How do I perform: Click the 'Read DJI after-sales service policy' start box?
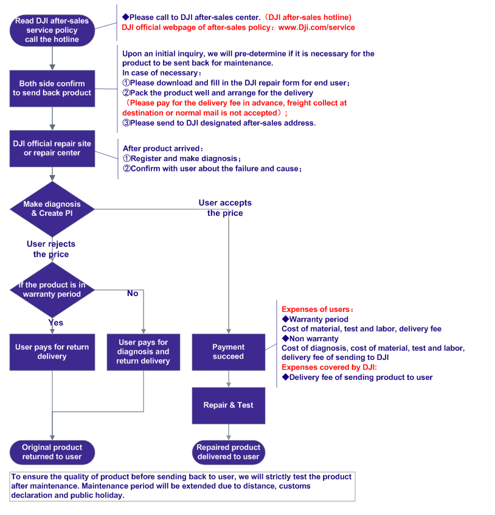52,30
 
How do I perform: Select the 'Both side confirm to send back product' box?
52,88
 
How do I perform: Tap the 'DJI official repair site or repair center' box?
52,148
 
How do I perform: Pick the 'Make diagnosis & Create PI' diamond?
52,209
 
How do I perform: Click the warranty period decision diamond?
52,289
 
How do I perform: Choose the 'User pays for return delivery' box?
52,352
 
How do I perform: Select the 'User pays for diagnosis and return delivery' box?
144,352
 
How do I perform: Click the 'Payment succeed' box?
229,352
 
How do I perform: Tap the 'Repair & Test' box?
229,406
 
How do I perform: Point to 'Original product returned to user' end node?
52,452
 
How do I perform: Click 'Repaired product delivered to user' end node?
229,452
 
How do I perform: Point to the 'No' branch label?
133,293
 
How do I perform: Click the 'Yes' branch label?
56,322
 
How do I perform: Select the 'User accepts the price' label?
225,208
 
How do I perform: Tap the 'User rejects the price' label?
51,249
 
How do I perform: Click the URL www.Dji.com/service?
317,27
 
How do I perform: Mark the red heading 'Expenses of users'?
317,309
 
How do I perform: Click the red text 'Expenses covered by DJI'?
329,367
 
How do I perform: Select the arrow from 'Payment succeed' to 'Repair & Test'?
229,379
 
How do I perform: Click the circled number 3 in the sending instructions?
126,123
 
